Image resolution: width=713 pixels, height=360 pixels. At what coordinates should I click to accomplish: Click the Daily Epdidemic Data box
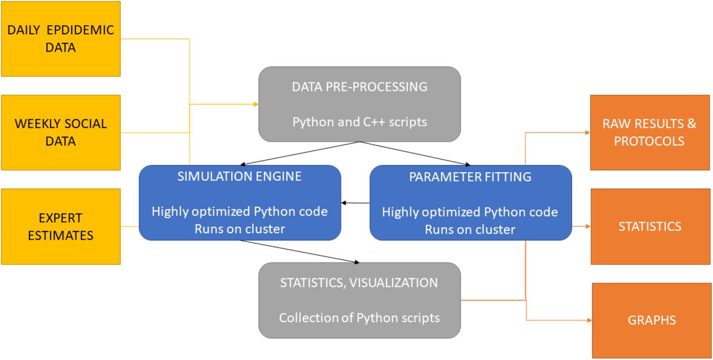pos(61,39)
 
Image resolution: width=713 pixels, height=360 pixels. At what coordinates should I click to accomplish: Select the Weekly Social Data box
pos(61,133)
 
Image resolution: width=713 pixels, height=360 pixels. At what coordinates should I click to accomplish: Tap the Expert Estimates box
pos(61,226)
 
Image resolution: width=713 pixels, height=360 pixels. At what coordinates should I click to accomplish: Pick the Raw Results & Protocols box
pos(650,133)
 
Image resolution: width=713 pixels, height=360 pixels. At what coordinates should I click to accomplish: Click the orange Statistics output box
pos(651,226)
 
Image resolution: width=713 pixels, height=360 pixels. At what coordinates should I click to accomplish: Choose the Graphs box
pos(652,320)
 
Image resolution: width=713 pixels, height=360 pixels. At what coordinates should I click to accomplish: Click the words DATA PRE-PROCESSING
pos(360,87)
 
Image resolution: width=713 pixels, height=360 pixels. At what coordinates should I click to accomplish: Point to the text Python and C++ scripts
pos(360,122)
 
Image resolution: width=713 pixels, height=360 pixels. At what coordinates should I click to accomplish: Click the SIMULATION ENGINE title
pos(240,177)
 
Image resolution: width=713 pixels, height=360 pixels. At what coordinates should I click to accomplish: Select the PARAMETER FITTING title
pos(470,177)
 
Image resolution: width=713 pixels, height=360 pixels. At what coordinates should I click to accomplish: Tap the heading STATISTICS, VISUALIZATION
pos(359,283)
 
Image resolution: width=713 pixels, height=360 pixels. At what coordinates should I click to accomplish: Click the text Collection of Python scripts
pos(359,318)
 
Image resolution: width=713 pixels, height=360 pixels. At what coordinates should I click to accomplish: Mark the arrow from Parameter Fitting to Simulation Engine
pos(355,203)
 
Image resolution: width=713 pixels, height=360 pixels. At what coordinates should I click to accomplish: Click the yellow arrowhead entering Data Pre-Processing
pos(256,104)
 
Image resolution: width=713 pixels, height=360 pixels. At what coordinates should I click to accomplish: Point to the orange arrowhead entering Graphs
pos(589,320)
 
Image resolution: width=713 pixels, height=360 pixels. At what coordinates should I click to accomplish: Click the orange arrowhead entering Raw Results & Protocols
pos(588,133)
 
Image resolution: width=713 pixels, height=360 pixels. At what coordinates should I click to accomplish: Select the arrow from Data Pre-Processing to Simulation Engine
pos(300,153)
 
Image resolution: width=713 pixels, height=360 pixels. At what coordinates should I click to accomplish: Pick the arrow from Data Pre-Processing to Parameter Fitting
pos(415,153)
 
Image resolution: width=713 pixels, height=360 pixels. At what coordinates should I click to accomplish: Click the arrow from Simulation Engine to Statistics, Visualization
pos(300,252)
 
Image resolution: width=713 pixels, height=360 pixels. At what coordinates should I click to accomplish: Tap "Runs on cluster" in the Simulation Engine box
pos(240,229)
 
